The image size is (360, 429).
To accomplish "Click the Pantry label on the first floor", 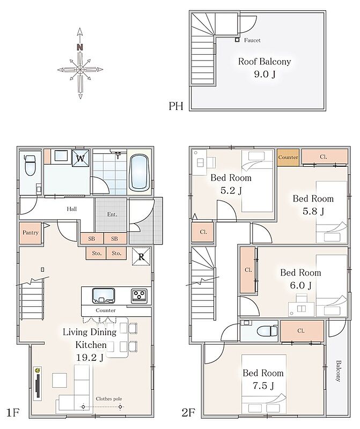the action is click(x=31, y=233).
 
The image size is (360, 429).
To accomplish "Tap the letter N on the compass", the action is click(x=79, y=47).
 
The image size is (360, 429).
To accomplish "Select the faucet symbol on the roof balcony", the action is click(x=237, y=40).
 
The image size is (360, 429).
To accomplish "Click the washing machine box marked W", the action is click(x=80, y=158).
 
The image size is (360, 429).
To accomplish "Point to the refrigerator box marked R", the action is click(x=141, y=256).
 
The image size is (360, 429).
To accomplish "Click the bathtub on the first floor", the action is click(x=139, y=172).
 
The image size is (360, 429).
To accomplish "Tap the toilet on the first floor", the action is click(x=30, y=165).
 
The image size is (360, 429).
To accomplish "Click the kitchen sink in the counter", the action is click(x=104, y=295).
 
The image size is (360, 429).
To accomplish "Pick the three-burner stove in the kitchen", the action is click(x=139, y=295).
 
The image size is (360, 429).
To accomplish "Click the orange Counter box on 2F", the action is click(x=288, y=157).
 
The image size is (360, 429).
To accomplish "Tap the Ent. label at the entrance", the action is click(x=112, y=214).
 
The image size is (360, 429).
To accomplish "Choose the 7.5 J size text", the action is click(x=263, y=386).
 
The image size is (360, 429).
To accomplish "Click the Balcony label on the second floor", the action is click(x=339, y=371).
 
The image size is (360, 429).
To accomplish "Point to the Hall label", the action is click(x=72, y=209).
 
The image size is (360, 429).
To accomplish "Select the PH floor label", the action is click(x=176, y=106).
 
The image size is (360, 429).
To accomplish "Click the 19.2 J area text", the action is click(x=90, y=357).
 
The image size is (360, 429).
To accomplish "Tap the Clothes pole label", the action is click(x=109, y=399).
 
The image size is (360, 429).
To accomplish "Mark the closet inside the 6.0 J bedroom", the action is click(x=248, y=270).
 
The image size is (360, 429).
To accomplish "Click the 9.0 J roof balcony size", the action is click(x=265, y=74).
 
